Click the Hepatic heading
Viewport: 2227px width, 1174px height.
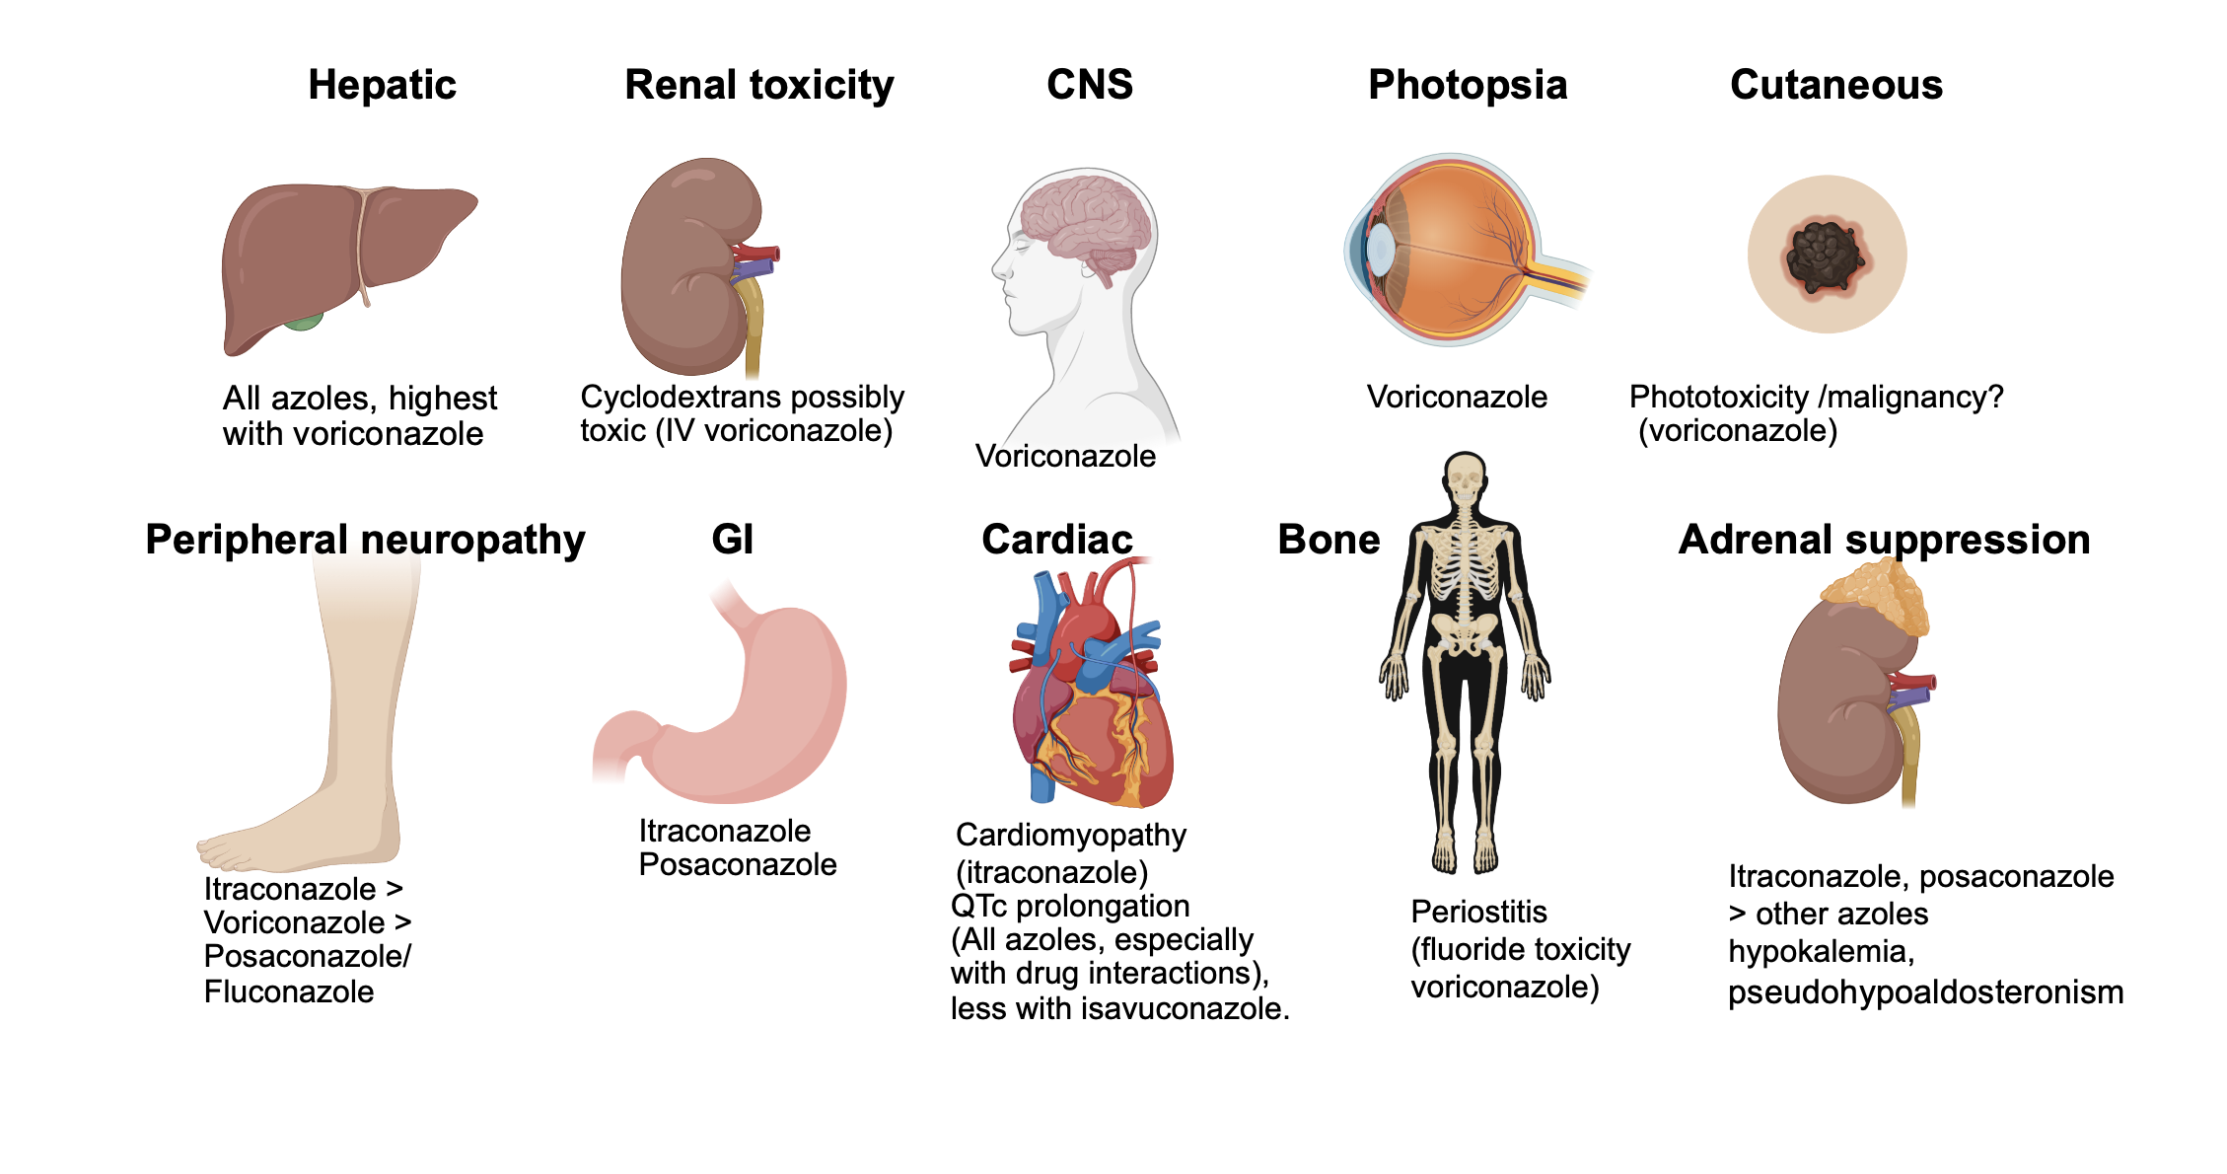pyautogui.click(x=382, y=85)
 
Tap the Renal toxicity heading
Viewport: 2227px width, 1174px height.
pyautogui.click(x=758, y=85)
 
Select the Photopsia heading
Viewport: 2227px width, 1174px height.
pyautogui.click(x=1467, y=85)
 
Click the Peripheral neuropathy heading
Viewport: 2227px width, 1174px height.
pyautogui.click(x=365, y=540)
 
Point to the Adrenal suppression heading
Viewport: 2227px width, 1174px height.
pyautogui.click(x=1884, y=540)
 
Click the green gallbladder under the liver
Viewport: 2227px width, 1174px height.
pyautogui.click(x=304, y=321)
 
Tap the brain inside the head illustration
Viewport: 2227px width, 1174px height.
pyautogui.click(x=1085, y=222)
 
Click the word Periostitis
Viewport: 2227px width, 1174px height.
pyautogui.click(x=1478, y=912)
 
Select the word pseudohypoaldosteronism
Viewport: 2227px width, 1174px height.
pyautogui.click(x=1925, y=991)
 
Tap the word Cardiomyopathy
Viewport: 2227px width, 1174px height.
pyautogui.click(x=1070, y=835)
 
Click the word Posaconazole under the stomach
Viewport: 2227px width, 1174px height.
pyautogui.click(x=737, y=864)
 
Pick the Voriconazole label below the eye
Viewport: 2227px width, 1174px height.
pyautogui.click(x=1456, y=397)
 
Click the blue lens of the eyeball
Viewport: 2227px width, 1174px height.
pyautogui.click(x=1380, y=250)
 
